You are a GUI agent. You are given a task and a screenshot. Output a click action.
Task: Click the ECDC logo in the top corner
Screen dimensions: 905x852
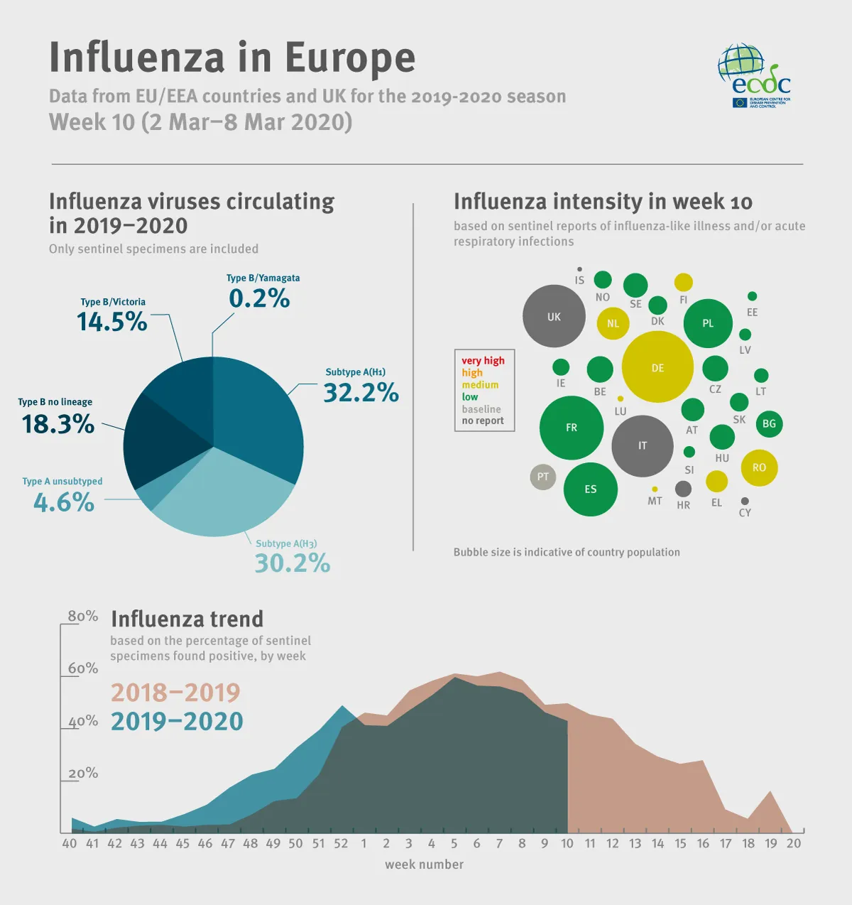click(754, 76)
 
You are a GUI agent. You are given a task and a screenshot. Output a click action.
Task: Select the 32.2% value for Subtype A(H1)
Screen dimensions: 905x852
click(361, 393)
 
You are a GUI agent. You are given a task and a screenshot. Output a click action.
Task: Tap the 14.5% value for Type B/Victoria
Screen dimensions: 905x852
click(112, 323)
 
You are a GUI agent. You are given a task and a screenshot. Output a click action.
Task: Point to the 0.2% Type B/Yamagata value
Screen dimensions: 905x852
click(259, 299)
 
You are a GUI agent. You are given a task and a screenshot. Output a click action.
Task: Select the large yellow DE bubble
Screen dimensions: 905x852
click(657, 367)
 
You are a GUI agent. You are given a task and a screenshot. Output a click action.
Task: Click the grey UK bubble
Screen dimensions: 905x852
click(554, 316)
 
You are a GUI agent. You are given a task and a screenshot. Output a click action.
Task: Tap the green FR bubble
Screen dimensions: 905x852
click(572, 428)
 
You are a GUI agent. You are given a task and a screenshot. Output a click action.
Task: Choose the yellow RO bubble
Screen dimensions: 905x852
click(759, 467)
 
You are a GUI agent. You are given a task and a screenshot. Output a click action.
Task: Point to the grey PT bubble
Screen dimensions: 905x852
click(543, 477)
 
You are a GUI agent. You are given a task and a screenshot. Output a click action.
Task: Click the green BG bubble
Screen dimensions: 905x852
click(769, 424)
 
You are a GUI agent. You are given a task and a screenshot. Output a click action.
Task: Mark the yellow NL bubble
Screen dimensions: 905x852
click(613, 323)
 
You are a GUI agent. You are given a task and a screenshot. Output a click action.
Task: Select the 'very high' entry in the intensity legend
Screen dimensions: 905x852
click(483, 361)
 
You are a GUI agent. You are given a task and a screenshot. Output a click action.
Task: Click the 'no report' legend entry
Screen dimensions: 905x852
click(483, 421)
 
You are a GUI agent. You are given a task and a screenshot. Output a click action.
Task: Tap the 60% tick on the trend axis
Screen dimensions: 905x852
click(82, 669)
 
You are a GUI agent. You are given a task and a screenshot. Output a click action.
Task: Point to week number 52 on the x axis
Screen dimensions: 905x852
click(341, 843)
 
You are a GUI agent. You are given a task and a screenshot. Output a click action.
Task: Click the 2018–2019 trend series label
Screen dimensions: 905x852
click(175, 693)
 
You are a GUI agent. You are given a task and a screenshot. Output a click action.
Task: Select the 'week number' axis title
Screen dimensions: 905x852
click(424, 865)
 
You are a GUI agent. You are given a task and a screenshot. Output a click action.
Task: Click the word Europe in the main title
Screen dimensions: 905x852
click(350, 58)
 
